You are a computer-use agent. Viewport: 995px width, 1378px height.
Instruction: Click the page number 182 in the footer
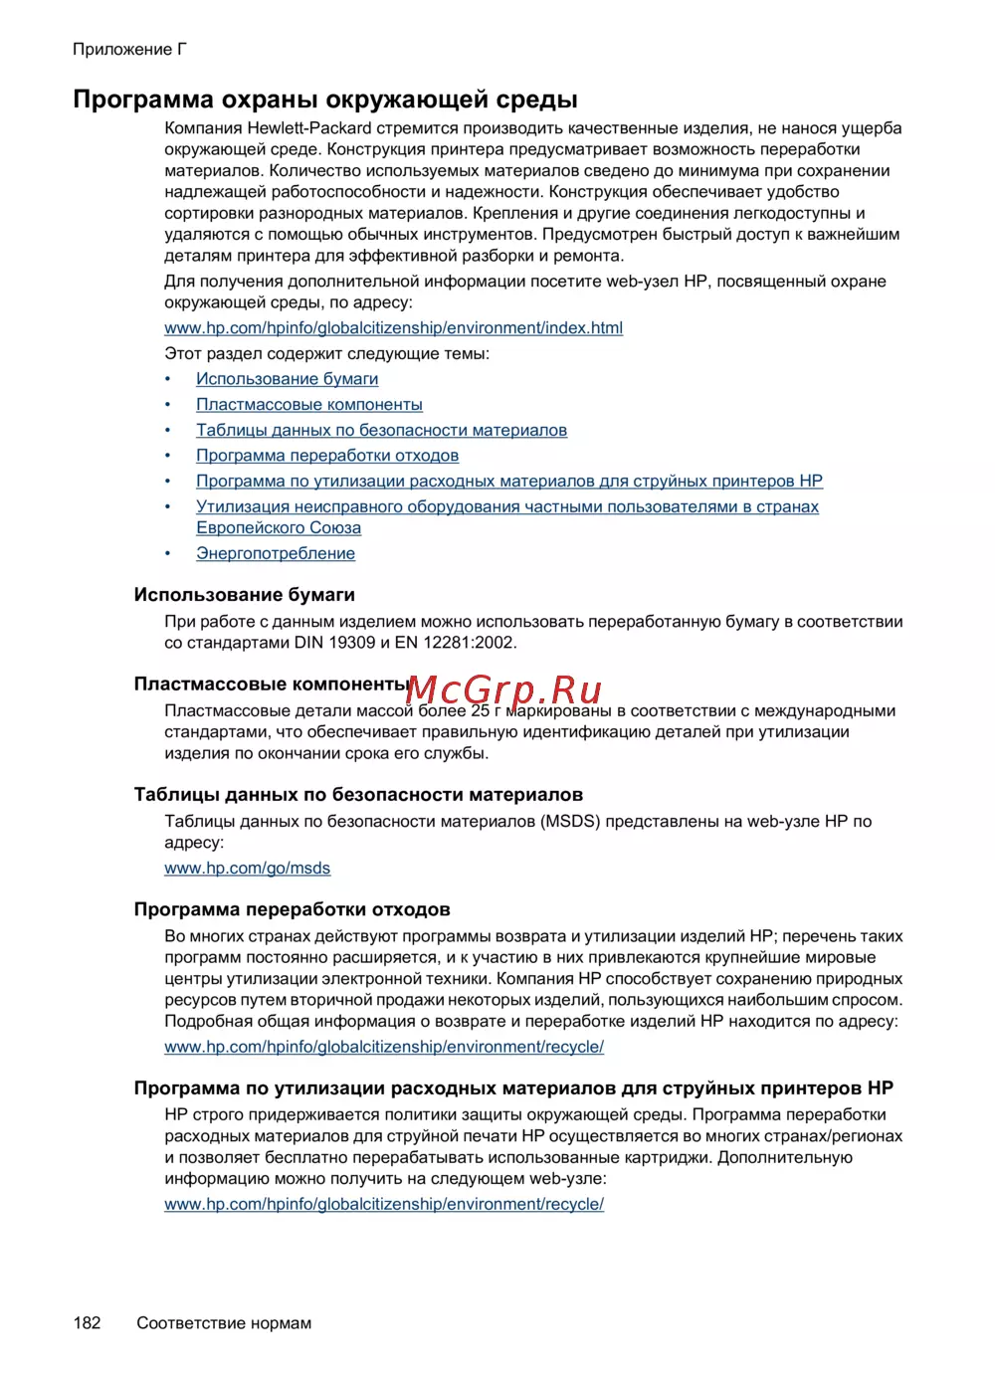[87, 1322]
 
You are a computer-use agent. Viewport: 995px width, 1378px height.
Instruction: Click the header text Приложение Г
[129, 49]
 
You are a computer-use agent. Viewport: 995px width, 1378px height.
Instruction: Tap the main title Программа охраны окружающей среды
[325, 99]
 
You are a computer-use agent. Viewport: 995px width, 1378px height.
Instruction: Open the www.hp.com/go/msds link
[247, 868]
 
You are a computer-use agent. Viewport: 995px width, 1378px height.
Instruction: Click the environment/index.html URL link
[393, 327]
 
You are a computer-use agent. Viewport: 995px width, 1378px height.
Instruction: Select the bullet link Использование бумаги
[287, 379]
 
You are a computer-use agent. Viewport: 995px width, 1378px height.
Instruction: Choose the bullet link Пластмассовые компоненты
[308, 404]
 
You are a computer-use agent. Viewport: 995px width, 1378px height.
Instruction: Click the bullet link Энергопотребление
[275, 553]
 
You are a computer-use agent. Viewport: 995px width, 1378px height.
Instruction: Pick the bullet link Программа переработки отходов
[326, 456]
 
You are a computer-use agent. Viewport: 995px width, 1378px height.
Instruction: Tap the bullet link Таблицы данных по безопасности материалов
[381, 430]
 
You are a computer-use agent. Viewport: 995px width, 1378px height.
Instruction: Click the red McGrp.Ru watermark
[504, 689]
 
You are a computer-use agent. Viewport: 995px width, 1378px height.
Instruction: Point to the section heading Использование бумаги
[244, 595]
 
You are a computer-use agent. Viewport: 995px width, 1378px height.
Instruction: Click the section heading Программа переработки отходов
[292, 909]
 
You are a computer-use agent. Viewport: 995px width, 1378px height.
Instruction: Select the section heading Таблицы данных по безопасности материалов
[358, 795]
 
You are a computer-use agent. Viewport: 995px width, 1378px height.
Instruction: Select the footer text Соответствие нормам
[224, 1322]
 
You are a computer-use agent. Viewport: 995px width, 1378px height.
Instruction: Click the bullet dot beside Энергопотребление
[168, 553]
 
